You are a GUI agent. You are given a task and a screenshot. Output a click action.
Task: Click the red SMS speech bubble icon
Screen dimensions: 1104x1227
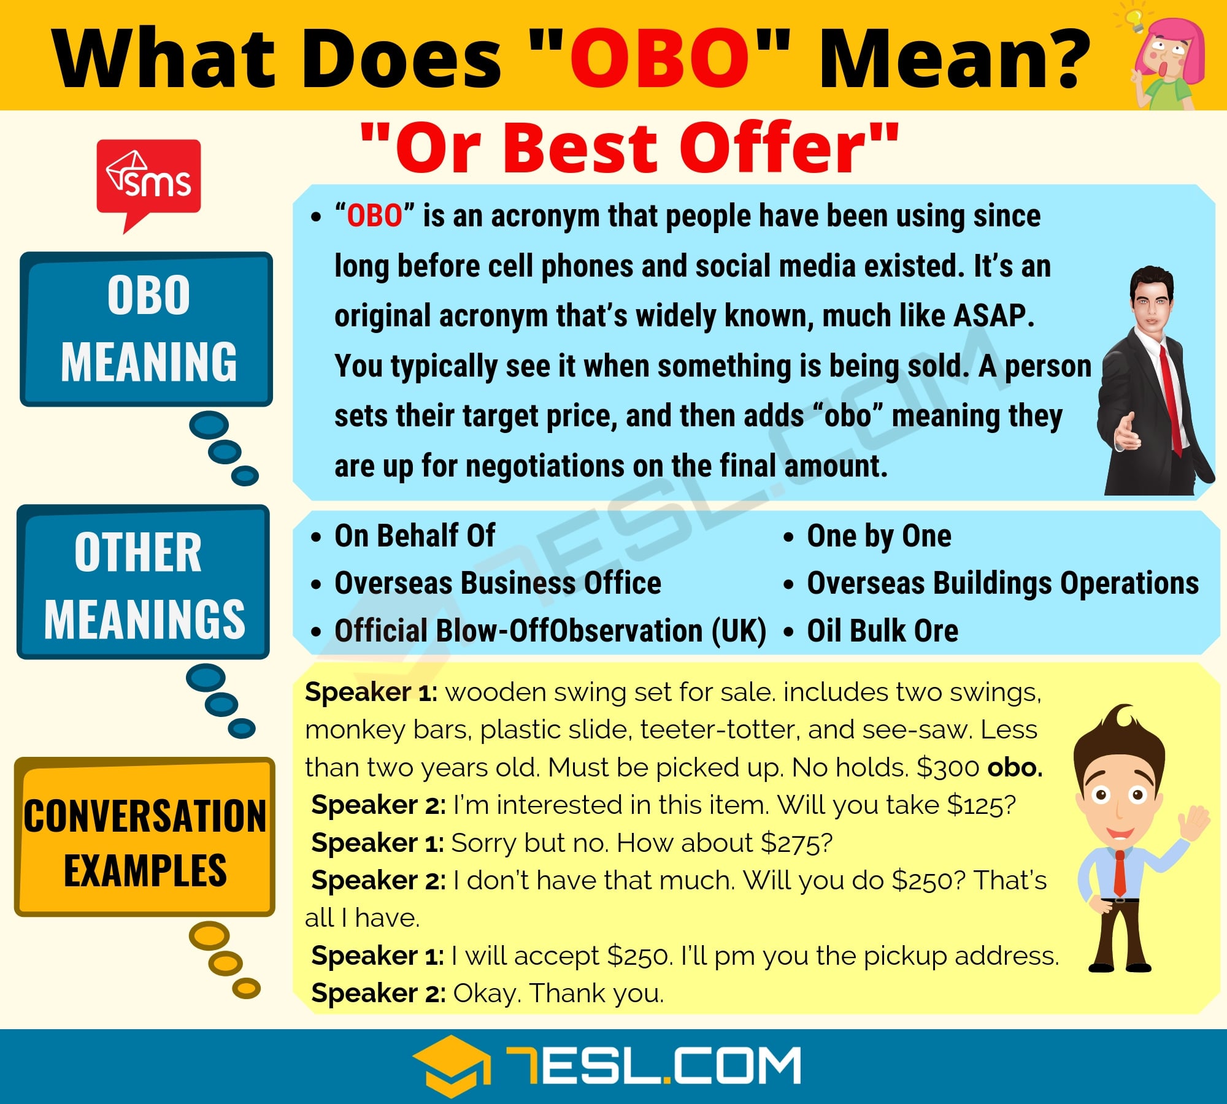pos(148,178)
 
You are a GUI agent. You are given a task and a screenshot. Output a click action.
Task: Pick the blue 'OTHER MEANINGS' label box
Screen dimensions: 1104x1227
pos(144,583)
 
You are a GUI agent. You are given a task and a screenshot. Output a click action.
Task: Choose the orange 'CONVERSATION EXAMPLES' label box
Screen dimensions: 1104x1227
pos(145,837)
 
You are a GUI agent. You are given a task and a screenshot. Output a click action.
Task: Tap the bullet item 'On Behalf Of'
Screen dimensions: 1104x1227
pos(415,536)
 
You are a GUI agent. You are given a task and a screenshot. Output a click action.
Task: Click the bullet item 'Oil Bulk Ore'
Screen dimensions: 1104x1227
pos(882,631)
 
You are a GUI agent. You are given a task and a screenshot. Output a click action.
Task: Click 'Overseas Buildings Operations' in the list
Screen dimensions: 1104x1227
pos(1002,583)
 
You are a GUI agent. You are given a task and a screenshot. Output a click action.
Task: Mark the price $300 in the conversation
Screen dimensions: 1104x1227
pos(947,768)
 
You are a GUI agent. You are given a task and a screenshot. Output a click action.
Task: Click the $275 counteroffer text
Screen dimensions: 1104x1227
pos(796,843)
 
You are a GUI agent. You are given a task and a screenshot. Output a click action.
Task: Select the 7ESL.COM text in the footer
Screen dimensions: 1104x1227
pos(653,1066)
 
